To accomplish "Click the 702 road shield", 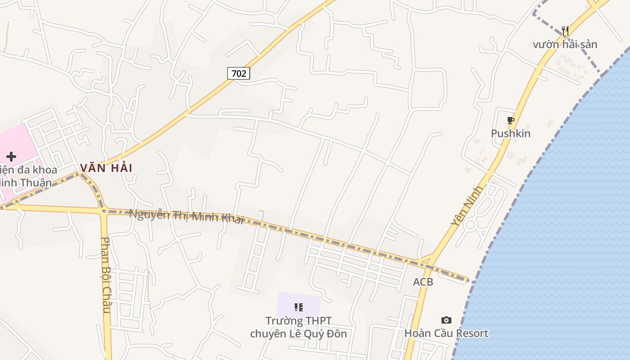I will pos(238,73).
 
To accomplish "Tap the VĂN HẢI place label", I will pos(106,168).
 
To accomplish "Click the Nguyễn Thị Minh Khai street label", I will pos(187,216).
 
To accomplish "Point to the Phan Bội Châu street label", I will pos(106,274).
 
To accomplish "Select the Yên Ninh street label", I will pos(467,206).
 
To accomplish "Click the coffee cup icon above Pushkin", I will pos(510,121).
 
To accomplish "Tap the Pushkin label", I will pos(510,134).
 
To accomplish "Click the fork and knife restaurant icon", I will pos(565,31).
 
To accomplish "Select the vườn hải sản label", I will pos(565,45).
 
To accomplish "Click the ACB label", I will pos(423,282).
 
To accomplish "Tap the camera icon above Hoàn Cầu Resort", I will pos(446,320).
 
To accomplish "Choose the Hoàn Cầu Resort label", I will pos(446,333).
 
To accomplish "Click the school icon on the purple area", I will pos(298,307).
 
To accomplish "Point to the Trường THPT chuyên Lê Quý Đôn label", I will pos(298,327).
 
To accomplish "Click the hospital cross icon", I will pos(11,157).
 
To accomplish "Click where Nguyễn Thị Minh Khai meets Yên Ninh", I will pos(427,261).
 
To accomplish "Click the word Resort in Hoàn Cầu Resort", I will pos(471,333).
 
